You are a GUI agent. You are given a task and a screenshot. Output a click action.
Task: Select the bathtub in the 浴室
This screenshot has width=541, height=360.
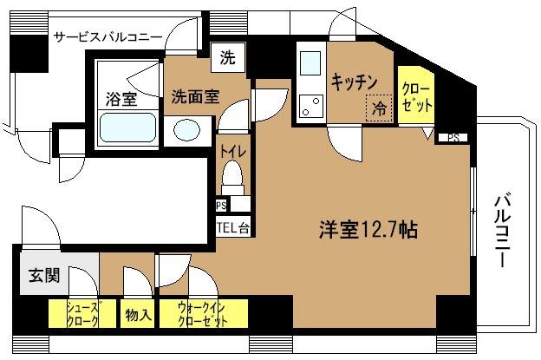(x=127, y=128)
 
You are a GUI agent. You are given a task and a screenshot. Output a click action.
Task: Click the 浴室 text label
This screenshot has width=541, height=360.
(x=122, y=98)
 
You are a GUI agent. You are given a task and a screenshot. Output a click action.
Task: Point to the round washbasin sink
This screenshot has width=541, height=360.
(x=186, y=130)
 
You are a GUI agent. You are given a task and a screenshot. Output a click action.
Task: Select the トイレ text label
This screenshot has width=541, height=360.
(x=231, y=153)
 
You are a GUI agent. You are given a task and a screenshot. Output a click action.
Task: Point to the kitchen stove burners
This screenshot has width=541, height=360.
(x=310, y=107)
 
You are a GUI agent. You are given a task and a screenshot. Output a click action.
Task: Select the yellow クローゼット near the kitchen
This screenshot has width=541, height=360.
(x=416, y=95)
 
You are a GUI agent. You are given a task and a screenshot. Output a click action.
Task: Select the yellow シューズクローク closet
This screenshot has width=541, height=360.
(x=74, y=312)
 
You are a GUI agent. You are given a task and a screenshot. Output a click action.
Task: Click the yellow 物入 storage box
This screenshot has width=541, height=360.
(x=138, y=313)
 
